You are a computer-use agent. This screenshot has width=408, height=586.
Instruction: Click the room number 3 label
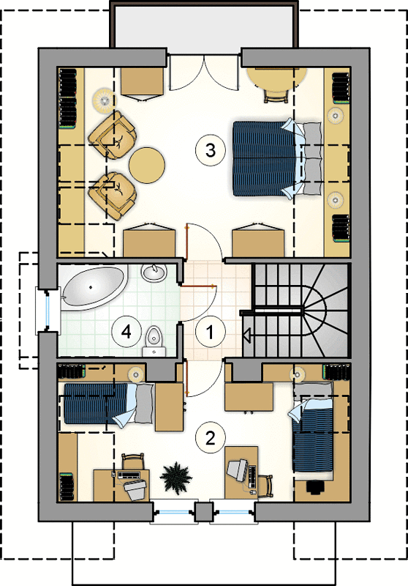(x=211, y=150)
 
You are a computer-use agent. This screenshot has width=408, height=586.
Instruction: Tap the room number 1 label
(x=211, y=332)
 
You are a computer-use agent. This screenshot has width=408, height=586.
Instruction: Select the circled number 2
(x=211, y=437)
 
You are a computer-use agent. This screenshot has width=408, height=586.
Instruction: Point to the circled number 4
(x=126, y=332)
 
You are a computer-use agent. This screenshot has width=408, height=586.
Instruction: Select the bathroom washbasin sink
(x=154, y=272)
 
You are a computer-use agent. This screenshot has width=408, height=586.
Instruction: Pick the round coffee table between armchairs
(x=147, y=166)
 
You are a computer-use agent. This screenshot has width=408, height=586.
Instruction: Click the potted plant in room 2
(x=175, y=478)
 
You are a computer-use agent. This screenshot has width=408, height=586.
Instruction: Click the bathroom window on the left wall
(x=48, y=311)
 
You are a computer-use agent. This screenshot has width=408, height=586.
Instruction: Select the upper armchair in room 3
(x=113, y=134)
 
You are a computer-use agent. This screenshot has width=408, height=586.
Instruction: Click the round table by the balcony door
(x=278, y=80)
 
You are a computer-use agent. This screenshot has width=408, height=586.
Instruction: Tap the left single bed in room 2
(x=109, y=404)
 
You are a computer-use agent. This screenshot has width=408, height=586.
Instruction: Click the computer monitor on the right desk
(x=237, y=470)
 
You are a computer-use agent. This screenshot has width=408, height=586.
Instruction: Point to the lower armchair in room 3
(x=113, y=196)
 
